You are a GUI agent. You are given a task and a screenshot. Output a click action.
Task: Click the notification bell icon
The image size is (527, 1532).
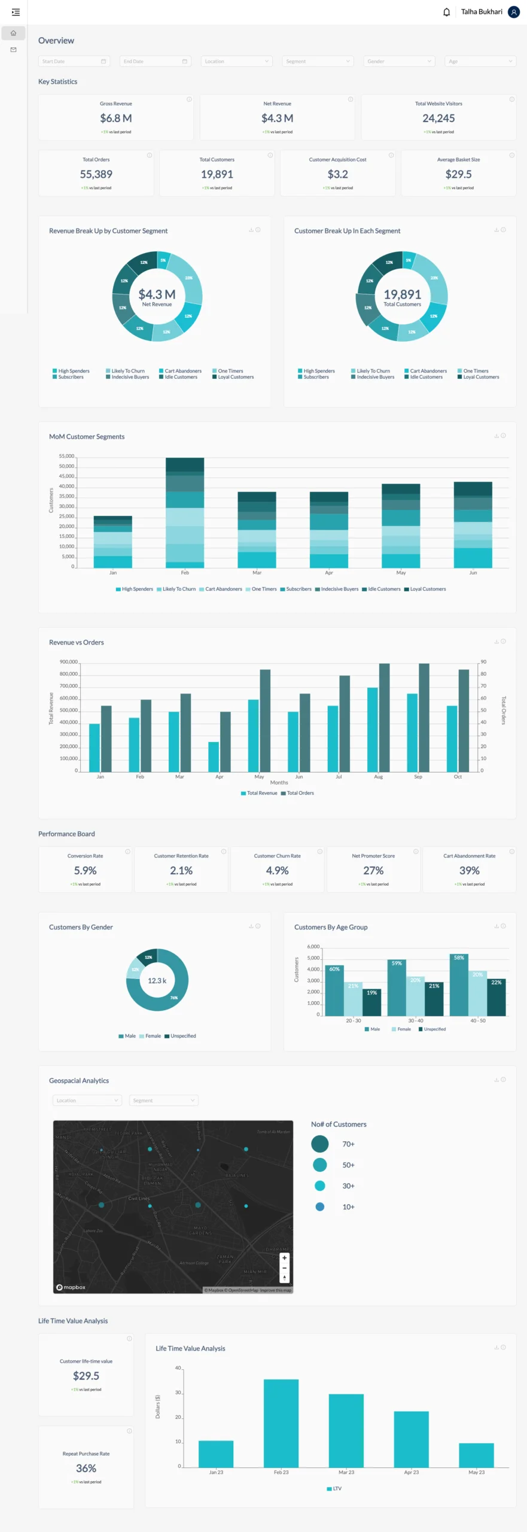446,12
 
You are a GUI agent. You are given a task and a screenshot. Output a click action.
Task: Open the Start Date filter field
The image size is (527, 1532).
74,61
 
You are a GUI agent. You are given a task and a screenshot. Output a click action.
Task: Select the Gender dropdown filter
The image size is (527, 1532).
398,61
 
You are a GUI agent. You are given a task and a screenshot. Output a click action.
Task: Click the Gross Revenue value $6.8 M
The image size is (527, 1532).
116,118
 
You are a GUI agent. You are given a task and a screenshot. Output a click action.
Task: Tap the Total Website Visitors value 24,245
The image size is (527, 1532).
438,118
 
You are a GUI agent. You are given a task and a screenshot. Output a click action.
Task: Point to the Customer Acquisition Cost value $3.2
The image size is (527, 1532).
337,174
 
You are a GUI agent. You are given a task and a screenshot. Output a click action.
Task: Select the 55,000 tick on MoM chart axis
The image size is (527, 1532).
66,456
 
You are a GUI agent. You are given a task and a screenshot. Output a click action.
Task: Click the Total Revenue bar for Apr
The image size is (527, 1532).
214,756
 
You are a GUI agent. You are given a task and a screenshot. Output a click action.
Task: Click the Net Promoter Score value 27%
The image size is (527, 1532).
373,870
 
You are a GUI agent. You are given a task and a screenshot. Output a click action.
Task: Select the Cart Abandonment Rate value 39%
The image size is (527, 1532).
469,870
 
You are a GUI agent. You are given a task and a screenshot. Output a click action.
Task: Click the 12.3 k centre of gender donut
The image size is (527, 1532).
157,980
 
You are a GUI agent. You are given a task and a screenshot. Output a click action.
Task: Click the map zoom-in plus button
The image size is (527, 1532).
284,1257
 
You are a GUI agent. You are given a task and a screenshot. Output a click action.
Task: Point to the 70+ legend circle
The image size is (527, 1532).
320,1144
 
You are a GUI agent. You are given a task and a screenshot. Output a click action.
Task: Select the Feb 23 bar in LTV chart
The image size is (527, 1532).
281,1423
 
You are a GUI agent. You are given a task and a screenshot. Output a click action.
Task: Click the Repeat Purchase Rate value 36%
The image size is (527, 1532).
86,1468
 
